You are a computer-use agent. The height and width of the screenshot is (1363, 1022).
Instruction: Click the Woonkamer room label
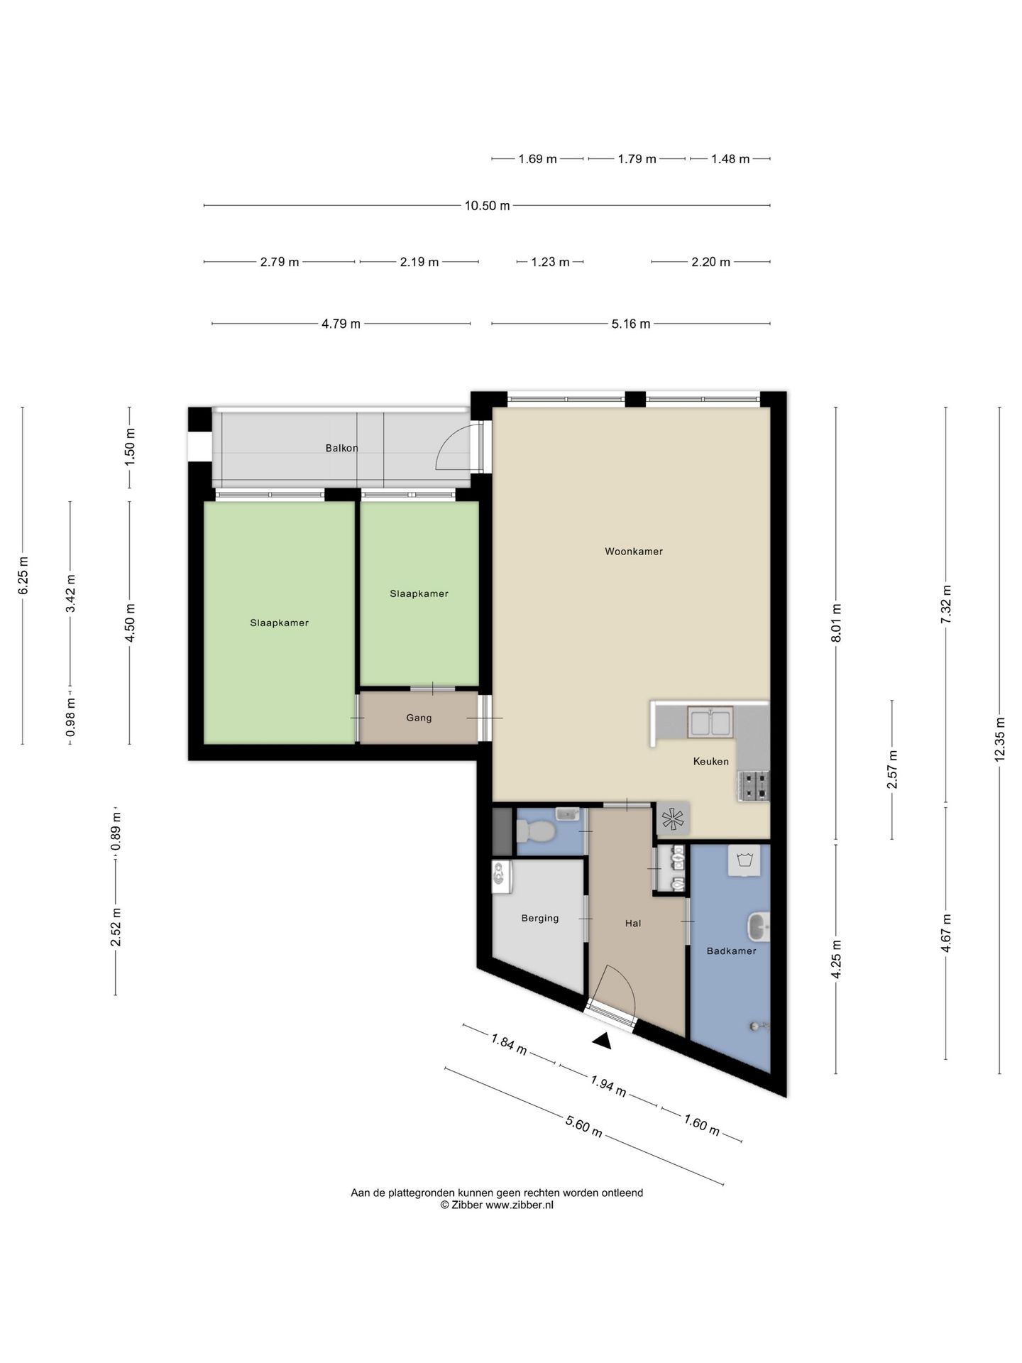pos(633,552)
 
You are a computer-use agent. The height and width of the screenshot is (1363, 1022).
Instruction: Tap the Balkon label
pos(341,448)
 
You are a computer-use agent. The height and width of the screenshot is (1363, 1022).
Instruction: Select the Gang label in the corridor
pos(419,718)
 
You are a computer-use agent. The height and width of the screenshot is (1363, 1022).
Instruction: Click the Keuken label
pos(710,762)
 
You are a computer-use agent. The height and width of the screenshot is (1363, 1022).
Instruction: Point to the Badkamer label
pos(731,951)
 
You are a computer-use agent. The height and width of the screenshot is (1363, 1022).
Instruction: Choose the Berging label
pos(540,919)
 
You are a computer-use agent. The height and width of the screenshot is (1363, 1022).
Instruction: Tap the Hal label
pos(633,924)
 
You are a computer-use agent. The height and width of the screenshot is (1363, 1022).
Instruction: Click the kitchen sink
pos(710,722)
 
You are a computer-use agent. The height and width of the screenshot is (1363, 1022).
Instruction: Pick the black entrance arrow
pos(603,1041)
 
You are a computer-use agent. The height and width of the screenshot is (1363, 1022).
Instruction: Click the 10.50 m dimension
pos(487,206)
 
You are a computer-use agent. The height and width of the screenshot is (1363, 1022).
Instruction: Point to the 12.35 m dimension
pos(999,740)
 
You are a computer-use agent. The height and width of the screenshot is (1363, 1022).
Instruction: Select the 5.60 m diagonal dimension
pos(584,1126)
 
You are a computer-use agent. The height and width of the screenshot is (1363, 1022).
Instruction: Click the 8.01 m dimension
pos(836,623)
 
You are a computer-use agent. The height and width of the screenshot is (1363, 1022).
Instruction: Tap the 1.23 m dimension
pos(550,262)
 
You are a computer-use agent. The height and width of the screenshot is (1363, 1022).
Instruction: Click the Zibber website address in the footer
pos(520,1205)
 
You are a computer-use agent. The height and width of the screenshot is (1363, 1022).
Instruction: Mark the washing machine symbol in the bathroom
pos(744,860)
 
